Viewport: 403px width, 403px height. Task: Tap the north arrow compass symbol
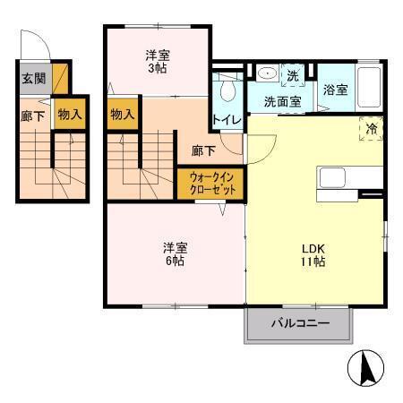click(366, 368)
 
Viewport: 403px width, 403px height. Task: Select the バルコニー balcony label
click(300, 323)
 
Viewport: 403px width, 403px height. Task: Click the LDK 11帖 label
click(313, 254)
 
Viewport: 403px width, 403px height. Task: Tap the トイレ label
click(225, 119)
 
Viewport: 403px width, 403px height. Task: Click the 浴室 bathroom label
click(336, 90)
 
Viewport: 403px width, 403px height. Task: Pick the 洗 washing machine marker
click(293, 75)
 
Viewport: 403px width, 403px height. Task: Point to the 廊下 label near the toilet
click(201, 151)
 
